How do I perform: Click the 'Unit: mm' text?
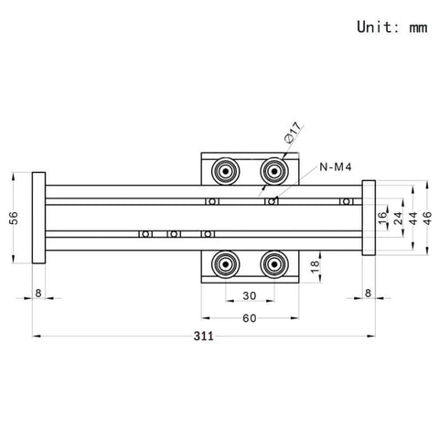click(391, 27)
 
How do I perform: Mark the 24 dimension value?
click(398, 218)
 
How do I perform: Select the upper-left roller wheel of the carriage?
click(222, 170)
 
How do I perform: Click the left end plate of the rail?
click(37, 218)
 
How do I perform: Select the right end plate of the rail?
click(369, 218)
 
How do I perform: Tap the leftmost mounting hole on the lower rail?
click(143, 234)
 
